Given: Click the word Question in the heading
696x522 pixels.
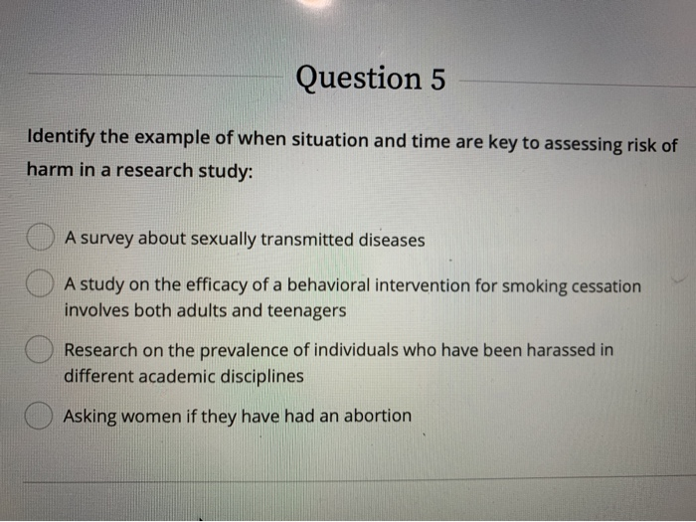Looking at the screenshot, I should [x=358, y=78].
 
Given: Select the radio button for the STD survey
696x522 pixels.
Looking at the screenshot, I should [x=39, y=240].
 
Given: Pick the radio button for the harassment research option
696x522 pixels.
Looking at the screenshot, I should [x=39, y=350].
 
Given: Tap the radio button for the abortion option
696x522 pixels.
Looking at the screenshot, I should [x=39, y=416].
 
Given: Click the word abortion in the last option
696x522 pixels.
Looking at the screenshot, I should [x=374, y=416].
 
